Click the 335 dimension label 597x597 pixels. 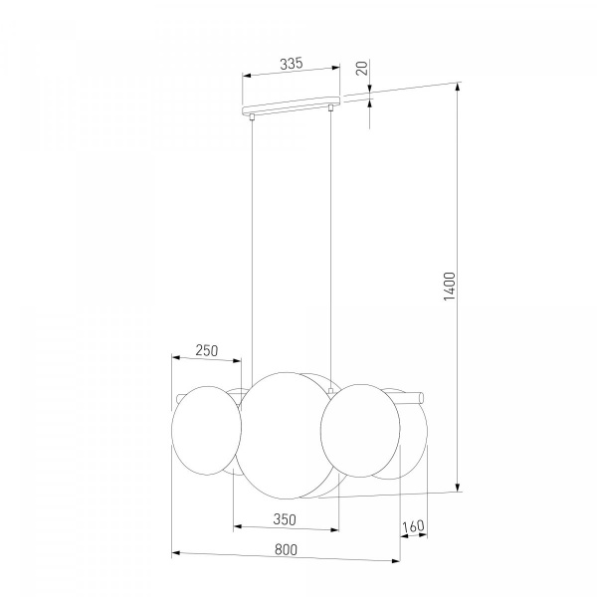coord(292,64)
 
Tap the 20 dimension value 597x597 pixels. coord(362,68)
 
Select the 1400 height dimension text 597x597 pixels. coord(450,286)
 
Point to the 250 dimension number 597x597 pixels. coord(207,350)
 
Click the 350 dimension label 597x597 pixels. coord(285,519)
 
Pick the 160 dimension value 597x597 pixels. coord(413,526)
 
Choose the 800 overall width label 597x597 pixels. coord(286,550)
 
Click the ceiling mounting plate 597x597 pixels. coord(291,105)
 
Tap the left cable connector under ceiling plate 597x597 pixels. coord(252,116)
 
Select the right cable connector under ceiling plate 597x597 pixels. coord(330,107)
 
